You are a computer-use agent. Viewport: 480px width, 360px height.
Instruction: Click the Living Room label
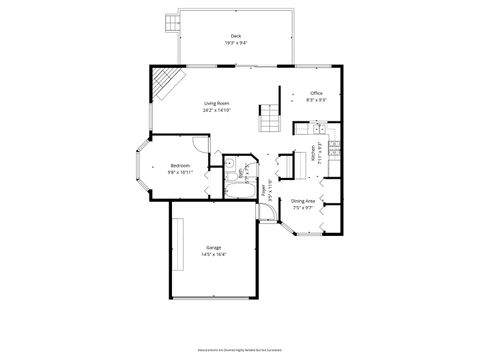tap(217, 102)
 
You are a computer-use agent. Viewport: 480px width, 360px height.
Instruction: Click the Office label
tap(316, 94)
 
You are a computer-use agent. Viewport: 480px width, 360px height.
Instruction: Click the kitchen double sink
tap(316, 128)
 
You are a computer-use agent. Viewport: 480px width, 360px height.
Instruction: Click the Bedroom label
tap(180, 165)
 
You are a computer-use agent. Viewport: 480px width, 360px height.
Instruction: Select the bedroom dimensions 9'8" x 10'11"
tap(180, 172)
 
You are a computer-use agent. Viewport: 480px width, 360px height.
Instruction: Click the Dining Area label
tap(304, 201)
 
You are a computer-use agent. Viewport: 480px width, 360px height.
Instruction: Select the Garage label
tap(214, 246)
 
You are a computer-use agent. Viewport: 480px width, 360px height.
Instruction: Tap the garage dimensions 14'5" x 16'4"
tap(214, 254)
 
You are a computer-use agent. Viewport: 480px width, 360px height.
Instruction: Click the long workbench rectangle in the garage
tap(177, 246)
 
